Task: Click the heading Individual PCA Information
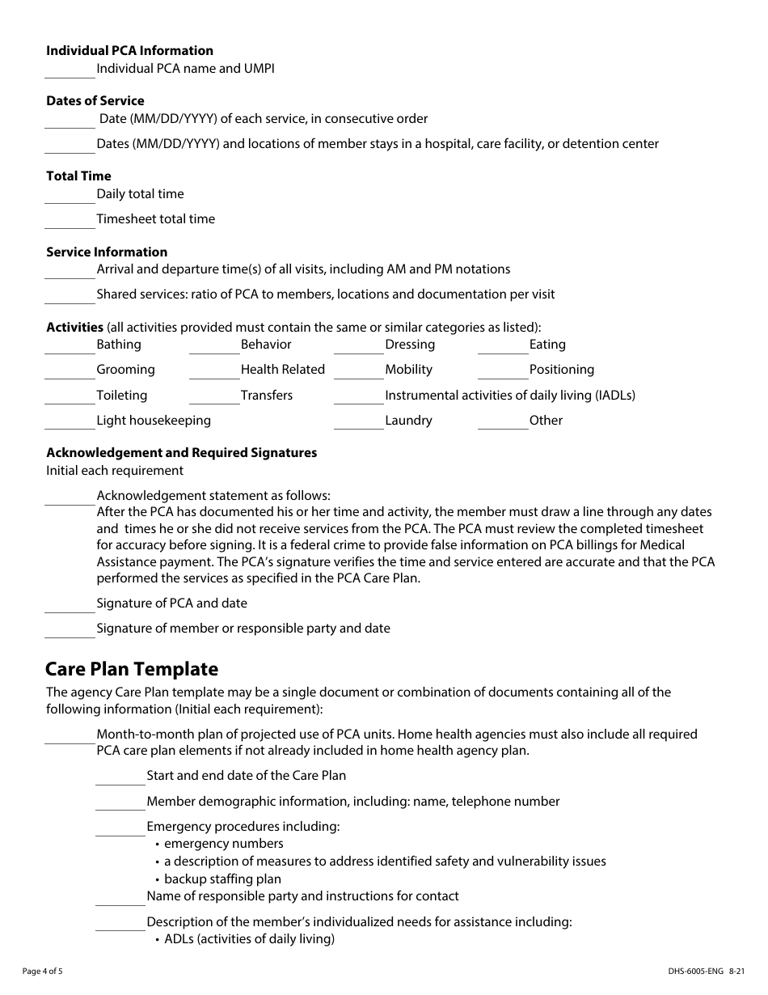[x=129, y=50]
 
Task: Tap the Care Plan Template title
[x=132, y=669]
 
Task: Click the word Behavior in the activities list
[x=266, y=345]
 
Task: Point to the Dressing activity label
[x=410, y=345]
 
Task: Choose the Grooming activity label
[x=125, y=370]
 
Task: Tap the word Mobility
[x=408, y=370]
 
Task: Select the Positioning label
[x=562, y=370]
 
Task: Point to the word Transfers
[x=267, y=396]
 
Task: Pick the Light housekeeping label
[x=154, y=421]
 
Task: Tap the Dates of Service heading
[x=95, y=101]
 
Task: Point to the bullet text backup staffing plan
[x=222, y=879]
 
